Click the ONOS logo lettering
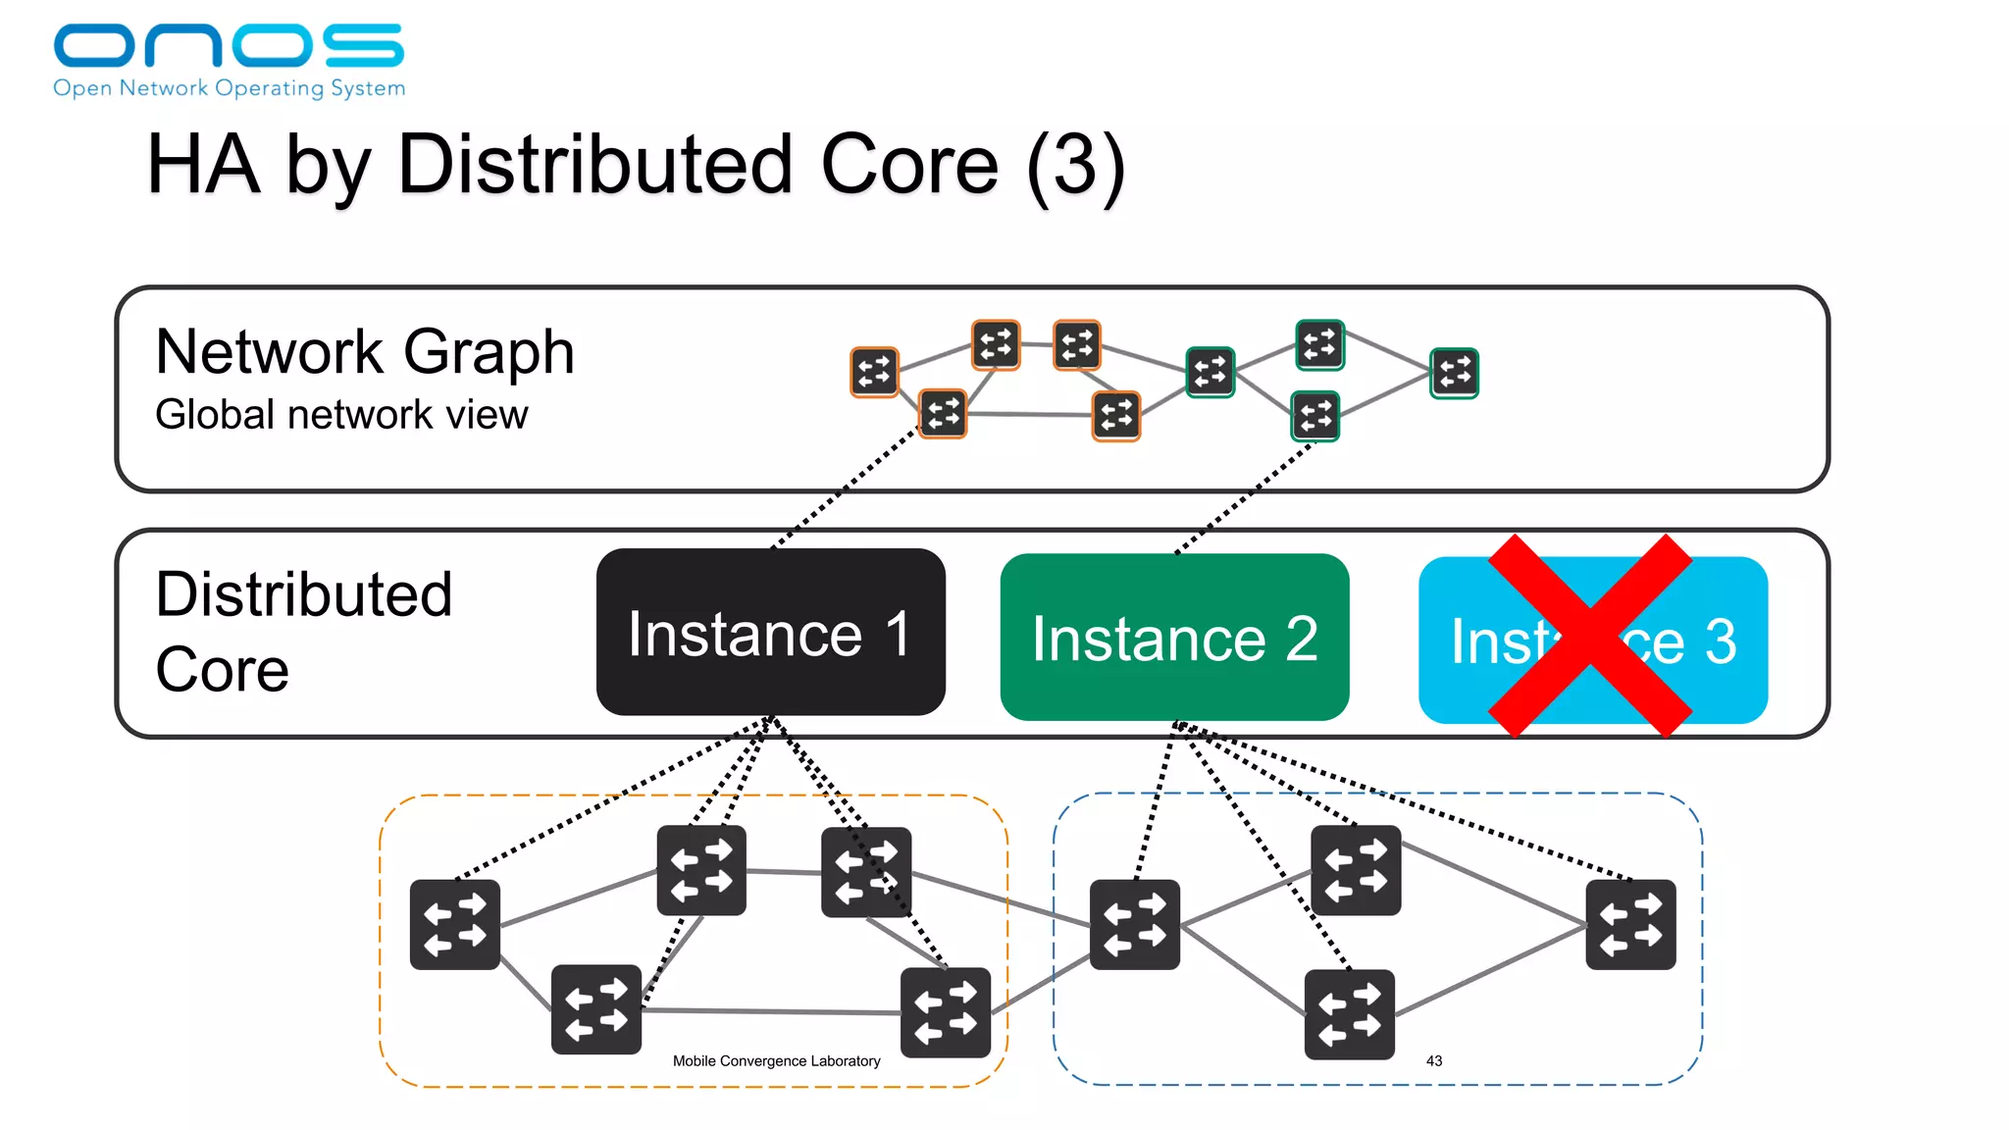pyautogui.click(x=228, y=45)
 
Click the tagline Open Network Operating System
pyautogui.click(x=229, y=88)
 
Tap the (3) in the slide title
pyautogui.click(x=1075, y=165)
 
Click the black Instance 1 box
pyautogui.click(x=770, y=633)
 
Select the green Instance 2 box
pyautogui.click(x=1174, y=638)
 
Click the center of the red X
pyautogui.click(x=1590, y=636)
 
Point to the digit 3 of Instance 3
pyautogui.click(x=1721, y=642)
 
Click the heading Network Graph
pyautogui.click(x=364, y=351)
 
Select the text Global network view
pyautogui.click(x=341, y=415)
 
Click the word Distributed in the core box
pyautogui.click(x=303, y=594)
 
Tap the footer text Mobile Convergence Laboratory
pyautogui.click(x=776, y=1060)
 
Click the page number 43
pyautogui.click(x=1433, y=1060)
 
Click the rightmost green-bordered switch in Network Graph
pyautogui.click(x=1454, y=373)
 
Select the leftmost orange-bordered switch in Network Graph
pyautogui.click(x=874, y=372)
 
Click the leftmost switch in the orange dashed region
pyautogui.click(x=455, y=924)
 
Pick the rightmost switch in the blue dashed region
pyautogui.click(x=1630, y=924)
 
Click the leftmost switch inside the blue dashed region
pyautogui.click(x=1135, y=924)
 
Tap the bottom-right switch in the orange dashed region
pyautogui.click(x=946, y=1012)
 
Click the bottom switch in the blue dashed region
pyautogui.click(x=1349, y=1014)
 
